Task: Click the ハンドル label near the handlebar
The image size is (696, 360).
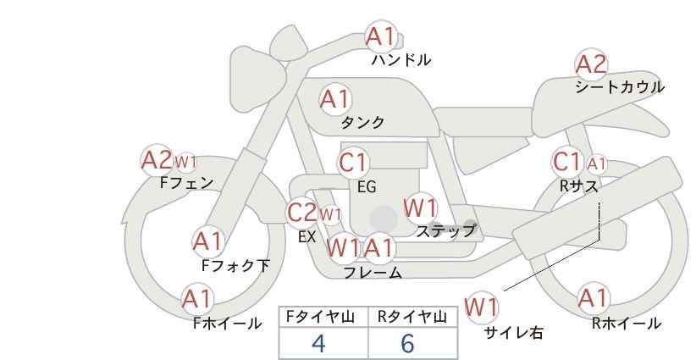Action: pyautogui.click(x=401, y=59)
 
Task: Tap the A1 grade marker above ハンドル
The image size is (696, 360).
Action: pyautogui.click(x=381, y=36)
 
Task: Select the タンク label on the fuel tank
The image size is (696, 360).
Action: pyautogui.click(x=362, y=122)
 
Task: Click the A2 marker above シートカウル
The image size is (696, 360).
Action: pyautogui.click(x=591, y=64)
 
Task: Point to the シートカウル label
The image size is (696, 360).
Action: pyautogui.click(x=620, y=87)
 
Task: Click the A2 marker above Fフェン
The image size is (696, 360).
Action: pyautogui.click(x=157, y=160)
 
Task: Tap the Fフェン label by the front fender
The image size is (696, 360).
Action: pyautogui.click(x=186, y=182)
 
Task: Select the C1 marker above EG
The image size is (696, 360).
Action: pyautogui.click(x=353, y=163)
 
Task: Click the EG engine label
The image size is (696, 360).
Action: pyautogui.click(x=367, y=187)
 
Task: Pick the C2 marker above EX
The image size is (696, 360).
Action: pyautogui.click(x=301, y=213)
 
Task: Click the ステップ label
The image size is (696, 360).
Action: pyautogui.click(x=445, y=231)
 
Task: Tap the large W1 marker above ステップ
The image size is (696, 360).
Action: pyautogui.click(x=420, y=208)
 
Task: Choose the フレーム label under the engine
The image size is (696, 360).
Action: pyautogui.click(x=373, y=273)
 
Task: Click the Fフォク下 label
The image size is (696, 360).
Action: pyautogui.click(x=235, y=265)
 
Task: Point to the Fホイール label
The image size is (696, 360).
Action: pyautogui.click(x=227, y=324)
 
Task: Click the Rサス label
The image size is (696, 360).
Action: pyautogui.click(x=578, y=186)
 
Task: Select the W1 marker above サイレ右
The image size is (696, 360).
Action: pyautogui.click(x=481, y=307)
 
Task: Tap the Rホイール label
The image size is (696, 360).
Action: pyautogui.click(x=627, y=324)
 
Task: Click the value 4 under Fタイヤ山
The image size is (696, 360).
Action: pyautogui.click(x=318, y=343)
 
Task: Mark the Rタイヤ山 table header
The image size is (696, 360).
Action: pyautogui.click(x=412, y=317)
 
